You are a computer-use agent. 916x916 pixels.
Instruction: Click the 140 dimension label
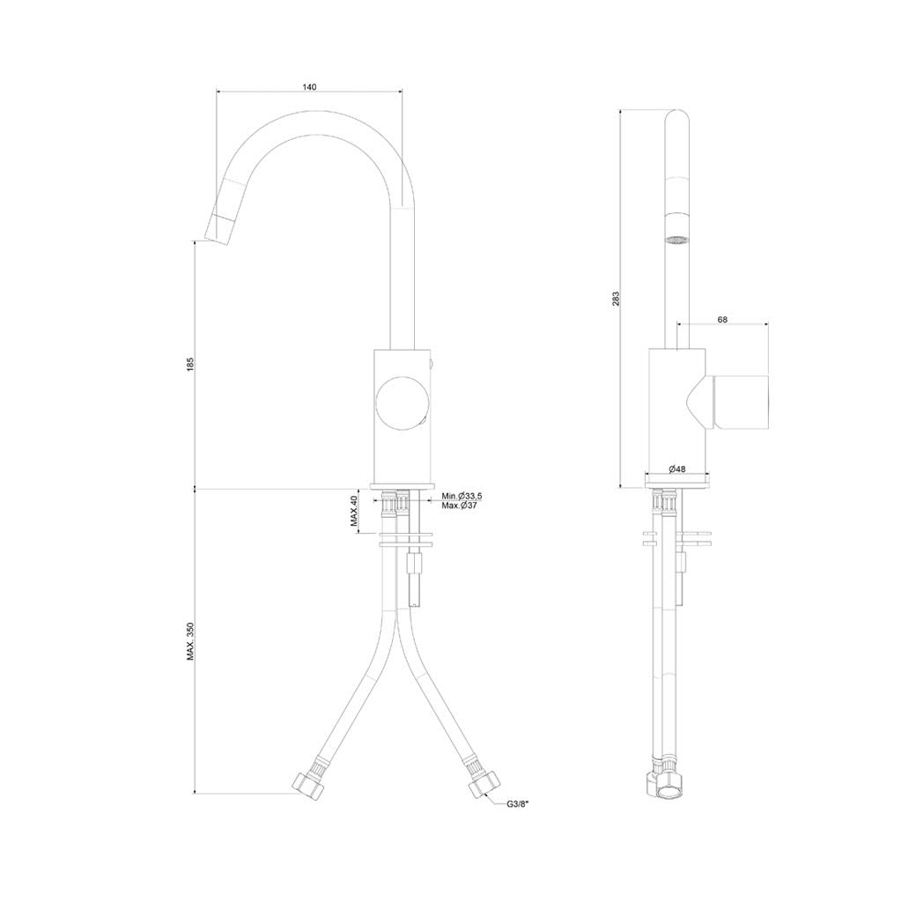click(x=309, y=87)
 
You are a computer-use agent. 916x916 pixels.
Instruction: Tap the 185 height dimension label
click(x=190, y=364)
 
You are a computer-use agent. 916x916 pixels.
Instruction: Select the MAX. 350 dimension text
click(x=190, y=641)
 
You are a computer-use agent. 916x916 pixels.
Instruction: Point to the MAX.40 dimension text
click(x=354, y=512)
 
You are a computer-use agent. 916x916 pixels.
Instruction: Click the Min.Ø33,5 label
click(x=462, y=497)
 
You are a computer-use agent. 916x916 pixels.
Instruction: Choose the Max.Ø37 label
click(x=459, y=506)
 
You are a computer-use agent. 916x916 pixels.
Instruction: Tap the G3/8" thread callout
click(x=518, y=804)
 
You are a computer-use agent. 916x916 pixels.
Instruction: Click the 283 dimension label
click(x=615, y=299)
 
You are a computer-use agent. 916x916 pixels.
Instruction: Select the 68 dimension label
click(x=722, y=320)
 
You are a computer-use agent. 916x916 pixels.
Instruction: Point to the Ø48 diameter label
click(x=676, y=469)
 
